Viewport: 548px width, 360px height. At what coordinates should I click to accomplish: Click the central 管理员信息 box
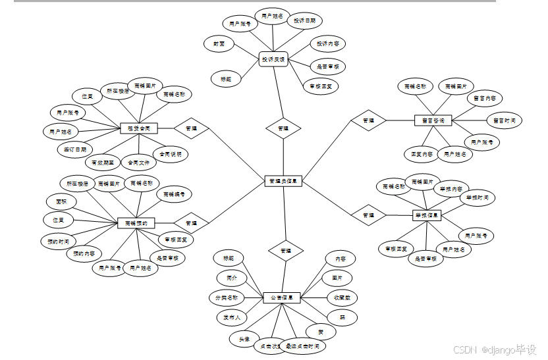[284, 180]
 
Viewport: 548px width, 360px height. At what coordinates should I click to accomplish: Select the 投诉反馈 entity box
[273, 59]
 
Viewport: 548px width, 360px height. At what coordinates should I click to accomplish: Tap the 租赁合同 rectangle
[138, 128]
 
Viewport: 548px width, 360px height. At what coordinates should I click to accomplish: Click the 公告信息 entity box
[282, 297]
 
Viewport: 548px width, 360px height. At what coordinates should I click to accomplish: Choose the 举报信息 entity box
[427, 215]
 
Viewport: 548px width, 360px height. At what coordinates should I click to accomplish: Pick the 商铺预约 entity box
[136, 223]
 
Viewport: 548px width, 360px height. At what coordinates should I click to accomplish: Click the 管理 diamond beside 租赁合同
[191, 128]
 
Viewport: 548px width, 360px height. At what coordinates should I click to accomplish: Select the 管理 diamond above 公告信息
[285, 251]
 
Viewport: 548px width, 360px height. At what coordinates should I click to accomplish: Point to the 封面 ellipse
[219, 43]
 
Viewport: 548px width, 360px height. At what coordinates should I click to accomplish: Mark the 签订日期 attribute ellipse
[75, 149]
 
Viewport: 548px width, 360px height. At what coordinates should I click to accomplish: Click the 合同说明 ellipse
[170, 155]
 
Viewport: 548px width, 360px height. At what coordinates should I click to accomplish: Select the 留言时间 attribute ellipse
[505, 120]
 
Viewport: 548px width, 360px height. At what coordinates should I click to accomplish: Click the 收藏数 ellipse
[342, 297]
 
